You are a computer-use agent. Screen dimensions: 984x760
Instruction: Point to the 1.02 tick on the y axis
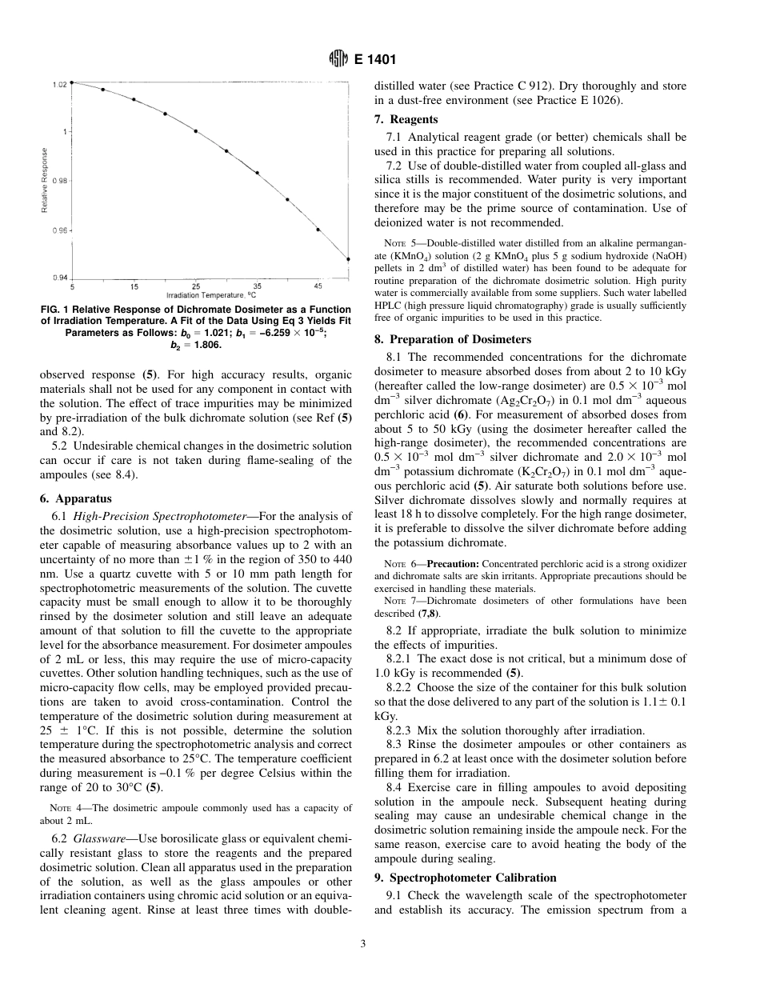[60, 84]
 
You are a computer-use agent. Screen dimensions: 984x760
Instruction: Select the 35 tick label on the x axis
[257, 286]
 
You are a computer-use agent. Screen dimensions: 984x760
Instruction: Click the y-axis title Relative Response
[45, 181]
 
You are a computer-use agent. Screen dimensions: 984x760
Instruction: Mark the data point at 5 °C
[72, 82]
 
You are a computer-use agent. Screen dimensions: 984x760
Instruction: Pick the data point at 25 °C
[196, 130]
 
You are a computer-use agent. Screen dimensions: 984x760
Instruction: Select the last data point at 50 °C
[348, 258]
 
